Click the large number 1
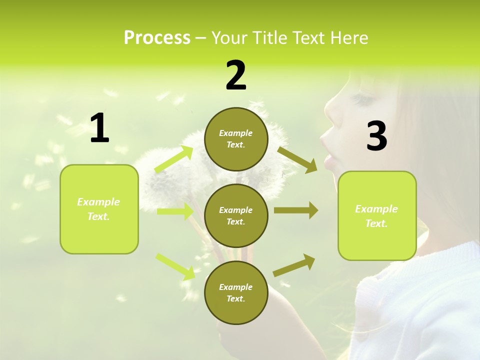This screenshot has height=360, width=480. click(99, 128)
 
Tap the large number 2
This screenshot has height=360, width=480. click(236, 75)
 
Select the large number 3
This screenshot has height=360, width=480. click(377, 136)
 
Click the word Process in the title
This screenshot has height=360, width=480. click(157, 37)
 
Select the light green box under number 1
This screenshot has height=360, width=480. click(99, 209)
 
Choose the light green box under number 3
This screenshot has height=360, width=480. click(377, 216)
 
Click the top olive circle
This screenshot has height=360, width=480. click(236, 139)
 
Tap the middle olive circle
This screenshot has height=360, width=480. click(236, 215)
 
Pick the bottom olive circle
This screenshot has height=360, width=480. click(236, 292)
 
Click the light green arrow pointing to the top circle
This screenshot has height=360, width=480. click(174, 159)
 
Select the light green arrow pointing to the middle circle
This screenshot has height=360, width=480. click(175, 211)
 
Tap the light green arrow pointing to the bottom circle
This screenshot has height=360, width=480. click(175, 266)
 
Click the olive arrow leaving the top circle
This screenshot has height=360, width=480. click(298, 159)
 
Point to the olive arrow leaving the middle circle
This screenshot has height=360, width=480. click(296, 210)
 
